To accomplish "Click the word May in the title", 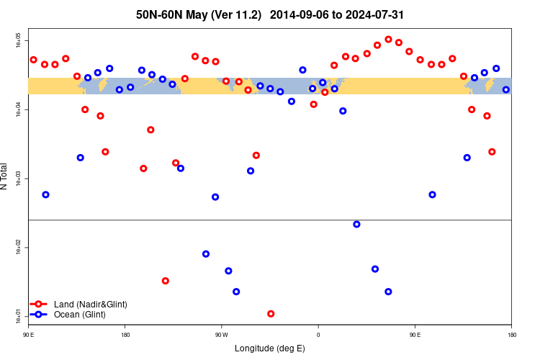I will click(x=201, y=14).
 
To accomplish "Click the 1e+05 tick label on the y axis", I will click(x=19, y=40).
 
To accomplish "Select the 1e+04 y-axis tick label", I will click(x=19, y=109).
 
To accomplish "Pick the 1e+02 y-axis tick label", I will click(x=19, y=247).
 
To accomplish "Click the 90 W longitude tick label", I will click(x=221, y=335).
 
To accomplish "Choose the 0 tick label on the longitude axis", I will click(x=318, y=335).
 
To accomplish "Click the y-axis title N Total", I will click(x=5, y=176).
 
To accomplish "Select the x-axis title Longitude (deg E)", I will click(x=270, y=348).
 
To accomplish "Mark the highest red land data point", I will click(x=389, y=40).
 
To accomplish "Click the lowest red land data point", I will click(x=271, y=314).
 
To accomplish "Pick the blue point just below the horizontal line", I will click(x=356, y=225).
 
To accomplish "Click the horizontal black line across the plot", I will click(x=270, y=220).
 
